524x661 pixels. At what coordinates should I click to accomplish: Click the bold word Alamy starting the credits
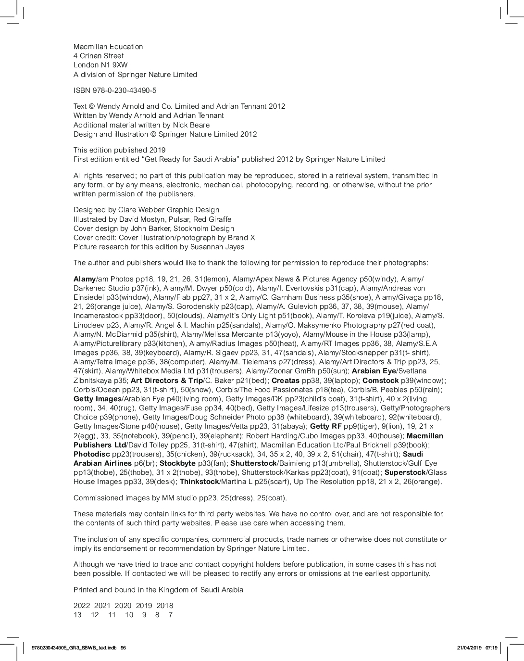[85, 279]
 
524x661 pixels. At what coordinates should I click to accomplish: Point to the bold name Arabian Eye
[374, 371]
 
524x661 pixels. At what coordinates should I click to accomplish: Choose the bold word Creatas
[285, 380]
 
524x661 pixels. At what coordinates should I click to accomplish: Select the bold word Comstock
[380, 380]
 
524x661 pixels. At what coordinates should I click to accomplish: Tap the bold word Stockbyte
[177, 463]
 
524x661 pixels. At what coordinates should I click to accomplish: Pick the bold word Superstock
[405, 472]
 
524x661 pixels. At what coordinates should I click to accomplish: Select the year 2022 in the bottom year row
[82, 606]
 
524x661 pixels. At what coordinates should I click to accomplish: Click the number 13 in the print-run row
[77, 615]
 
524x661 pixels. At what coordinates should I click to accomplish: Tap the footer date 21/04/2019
[469, 648]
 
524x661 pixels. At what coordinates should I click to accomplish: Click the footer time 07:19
[491, 648]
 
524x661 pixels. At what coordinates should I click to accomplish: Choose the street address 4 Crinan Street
[98, 56]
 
